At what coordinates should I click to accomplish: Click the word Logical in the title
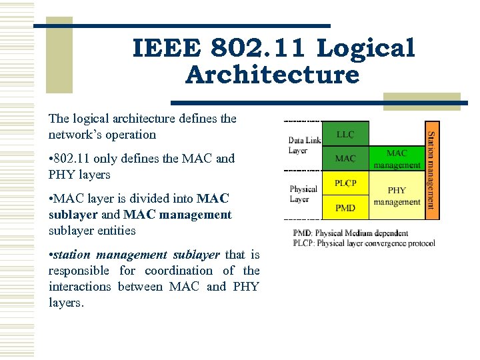tap(365, 49)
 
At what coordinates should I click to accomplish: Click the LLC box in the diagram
tap(345, 134)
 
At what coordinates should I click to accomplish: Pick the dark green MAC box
tap(345, 159)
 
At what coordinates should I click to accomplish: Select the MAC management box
tap(397, 159)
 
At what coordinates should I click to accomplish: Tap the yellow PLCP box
tap(345, 183)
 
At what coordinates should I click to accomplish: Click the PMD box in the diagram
tap(345, 207)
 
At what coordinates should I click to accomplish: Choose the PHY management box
tap(397, 196)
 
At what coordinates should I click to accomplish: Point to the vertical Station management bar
tap(432, 169)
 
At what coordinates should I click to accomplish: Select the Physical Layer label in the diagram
tap(303, 194)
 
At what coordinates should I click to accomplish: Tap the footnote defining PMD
tap(350, 233)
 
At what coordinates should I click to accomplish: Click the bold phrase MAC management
tap(177, 215)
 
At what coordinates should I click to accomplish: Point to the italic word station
tap(74, 255)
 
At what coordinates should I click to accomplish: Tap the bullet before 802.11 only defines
tap(51, 159)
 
